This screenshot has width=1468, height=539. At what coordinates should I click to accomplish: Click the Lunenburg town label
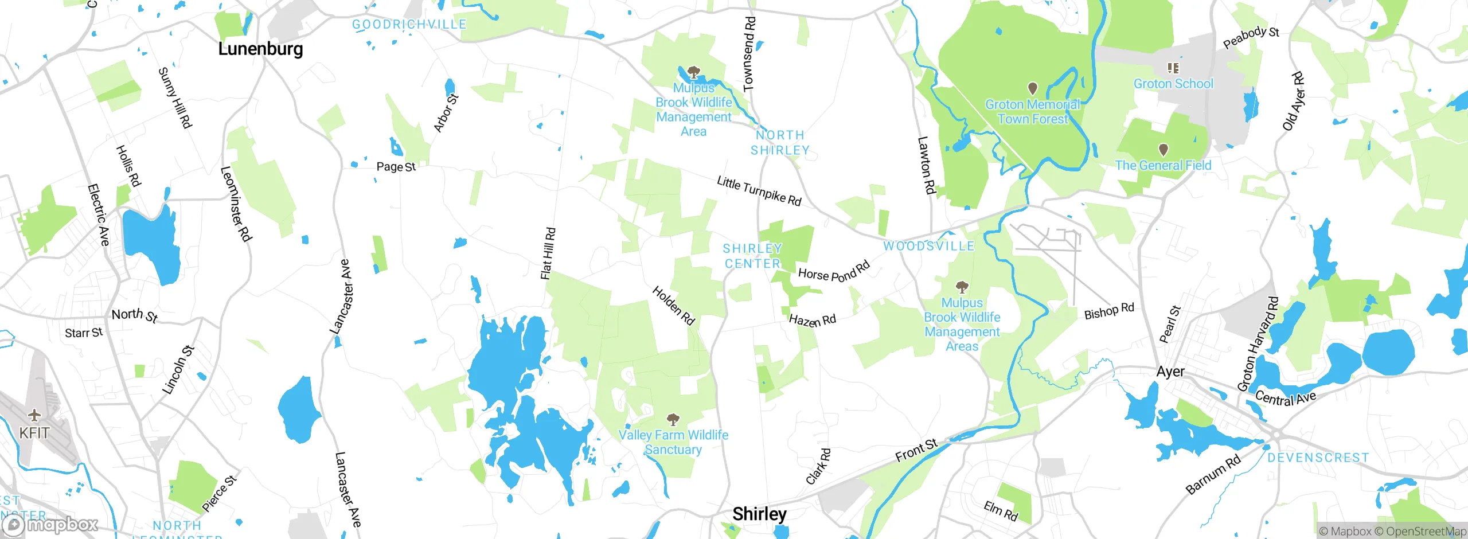pos(260,49)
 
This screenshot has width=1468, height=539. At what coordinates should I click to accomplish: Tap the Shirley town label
pos(759,513)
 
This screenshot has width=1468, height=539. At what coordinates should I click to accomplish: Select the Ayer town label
pos(1170,372)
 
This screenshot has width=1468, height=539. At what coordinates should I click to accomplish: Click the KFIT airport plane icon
pos(34,415)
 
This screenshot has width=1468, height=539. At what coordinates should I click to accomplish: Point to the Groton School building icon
pos(1173,68)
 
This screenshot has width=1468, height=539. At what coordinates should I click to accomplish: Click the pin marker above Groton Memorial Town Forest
pos(1032,88)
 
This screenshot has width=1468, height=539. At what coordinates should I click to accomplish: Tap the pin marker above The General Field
pos(1163,150)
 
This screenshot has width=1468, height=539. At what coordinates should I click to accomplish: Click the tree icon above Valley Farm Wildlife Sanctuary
pos(673,419)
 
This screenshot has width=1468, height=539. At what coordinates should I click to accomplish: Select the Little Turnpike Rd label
pos(759,191)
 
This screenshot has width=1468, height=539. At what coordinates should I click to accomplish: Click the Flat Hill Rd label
pos(548,253)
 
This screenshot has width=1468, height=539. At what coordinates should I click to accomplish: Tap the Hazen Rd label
pos(812,320)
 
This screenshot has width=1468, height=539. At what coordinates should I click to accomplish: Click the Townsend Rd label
pos(749,54)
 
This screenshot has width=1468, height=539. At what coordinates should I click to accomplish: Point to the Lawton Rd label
pos(926,165)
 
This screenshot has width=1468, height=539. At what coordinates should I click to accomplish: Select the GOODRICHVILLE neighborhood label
pos(409,25)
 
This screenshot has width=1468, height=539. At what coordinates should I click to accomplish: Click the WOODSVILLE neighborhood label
pos(928,246)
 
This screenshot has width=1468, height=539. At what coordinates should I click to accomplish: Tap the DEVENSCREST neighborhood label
pos(1318,458)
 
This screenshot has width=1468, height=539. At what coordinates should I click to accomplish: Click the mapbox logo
pos(50,524)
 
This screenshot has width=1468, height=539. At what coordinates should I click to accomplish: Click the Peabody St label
pos(1251,37)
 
